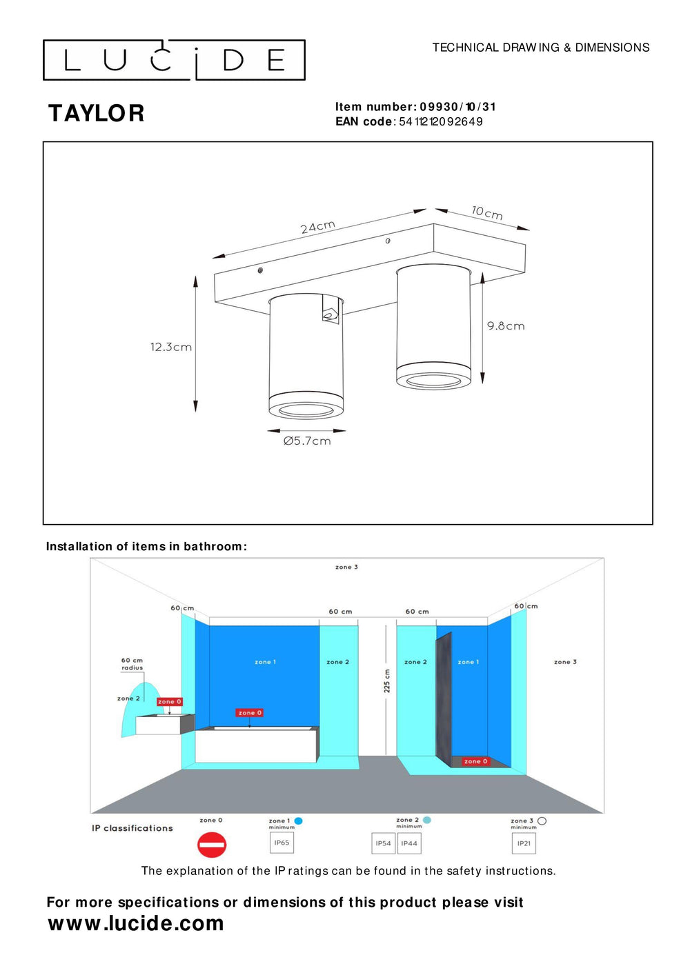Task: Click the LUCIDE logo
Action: [x=174, y=60]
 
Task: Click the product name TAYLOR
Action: [x=97, y=114]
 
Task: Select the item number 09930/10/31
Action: [x=457, y=107]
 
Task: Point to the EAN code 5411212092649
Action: [x=440, y=122]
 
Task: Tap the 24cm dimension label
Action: [x=318, y=227]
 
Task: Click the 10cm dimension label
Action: [x=487, y=212]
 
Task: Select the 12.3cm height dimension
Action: [x=171, y=347]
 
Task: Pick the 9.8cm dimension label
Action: [x=506, y=326]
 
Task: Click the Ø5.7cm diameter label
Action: [x=307, y=441]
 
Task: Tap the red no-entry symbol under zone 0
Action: [x=212, y=845]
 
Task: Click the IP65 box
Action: [x=282, y=843]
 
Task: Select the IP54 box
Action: [x=383, y=843]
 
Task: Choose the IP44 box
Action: [x=409, y=843]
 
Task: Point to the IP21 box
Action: [x=524, y=843]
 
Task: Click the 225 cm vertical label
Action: [x=387, y=681]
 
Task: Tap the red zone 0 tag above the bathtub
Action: [x=250, y=713]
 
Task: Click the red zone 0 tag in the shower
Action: [x=475, y=761]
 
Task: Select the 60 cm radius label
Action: [x=132, y=664]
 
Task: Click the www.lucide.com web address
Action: [x=136, y=923]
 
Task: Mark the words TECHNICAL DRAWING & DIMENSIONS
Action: [x=541, y=48]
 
